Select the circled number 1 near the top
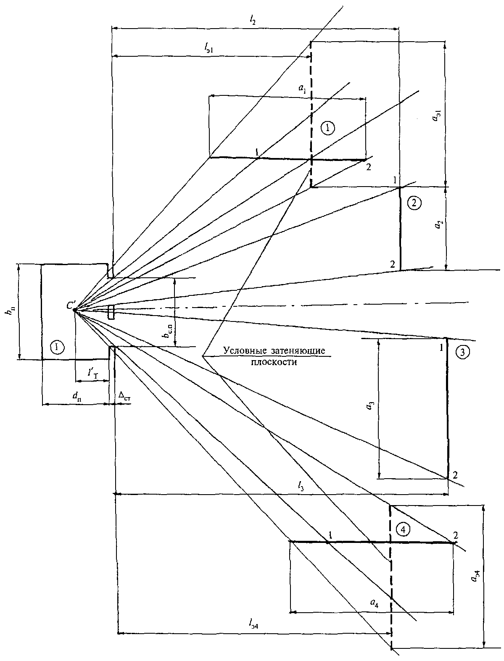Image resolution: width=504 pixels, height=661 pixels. [x=328, y=128]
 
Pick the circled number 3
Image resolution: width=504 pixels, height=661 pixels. [x=463, y=352]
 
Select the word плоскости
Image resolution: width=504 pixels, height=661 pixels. [x=274, y=362]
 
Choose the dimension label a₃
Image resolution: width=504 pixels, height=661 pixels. [x=371, y=406]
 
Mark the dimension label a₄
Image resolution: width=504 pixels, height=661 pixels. [x=374, y=602]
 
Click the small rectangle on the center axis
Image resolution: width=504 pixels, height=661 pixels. [x=111, y=312]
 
